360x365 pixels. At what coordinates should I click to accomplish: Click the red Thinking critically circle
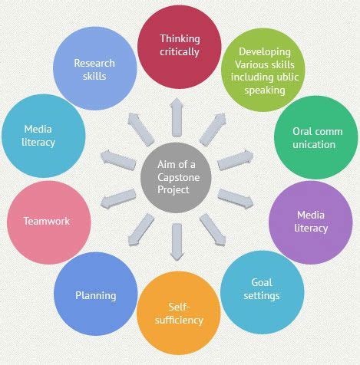point(179,47)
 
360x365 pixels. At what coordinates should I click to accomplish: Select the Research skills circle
point(95,68)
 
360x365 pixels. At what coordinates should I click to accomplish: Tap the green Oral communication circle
point(316,137)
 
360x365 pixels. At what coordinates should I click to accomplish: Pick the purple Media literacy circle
point(311,222)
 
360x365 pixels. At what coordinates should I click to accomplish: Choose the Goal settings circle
point(263,292)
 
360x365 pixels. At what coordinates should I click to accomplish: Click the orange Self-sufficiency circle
point(179,313)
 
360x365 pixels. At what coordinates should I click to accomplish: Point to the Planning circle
point(96,294)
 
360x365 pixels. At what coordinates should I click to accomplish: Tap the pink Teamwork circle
point(49,222)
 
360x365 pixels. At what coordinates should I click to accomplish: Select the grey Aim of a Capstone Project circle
point(176,178)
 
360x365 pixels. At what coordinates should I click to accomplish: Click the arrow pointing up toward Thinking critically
point(177,117)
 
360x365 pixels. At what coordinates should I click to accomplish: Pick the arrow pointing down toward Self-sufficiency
point(177,242)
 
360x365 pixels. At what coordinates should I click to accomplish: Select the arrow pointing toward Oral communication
point(236,160)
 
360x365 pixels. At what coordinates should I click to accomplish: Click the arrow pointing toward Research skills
point(140,130)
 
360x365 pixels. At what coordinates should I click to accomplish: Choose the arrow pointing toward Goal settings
point(213,230)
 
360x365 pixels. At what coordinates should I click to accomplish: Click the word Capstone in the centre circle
point(178,177)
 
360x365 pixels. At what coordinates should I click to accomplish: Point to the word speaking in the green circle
point(265,90)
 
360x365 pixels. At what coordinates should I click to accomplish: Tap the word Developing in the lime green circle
point(265,52)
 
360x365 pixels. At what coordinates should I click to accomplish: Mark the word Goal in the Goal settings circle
point(262,282)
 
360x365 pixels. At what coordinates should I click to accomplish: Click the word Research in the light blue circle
point(94,63)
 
